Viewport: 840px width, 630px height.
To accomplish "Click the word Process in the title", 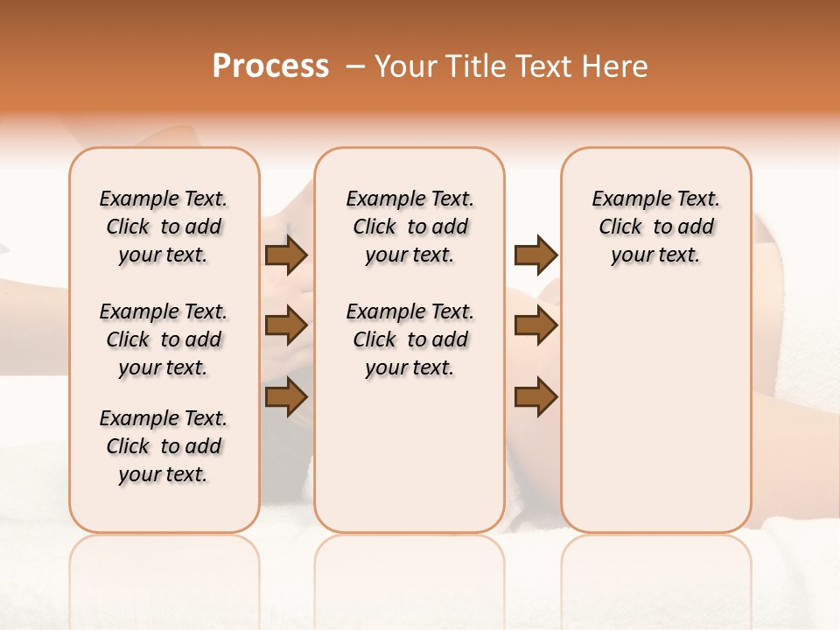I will pyautogui.click(x=270, y=66).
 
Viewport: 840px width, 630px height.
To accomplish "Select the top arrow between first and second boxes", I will pyautogui.click(x=286, y=255).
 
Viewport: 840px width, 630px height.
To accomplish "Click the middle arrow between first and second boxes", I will pyautogui.click(x=286, y=326).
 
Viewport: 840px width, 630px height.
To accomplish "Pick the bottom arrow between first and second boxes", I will pyautogui.click(x=286, y=397).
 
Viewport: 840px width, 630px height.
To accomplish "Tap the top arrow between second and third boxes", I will pyautogui.click(x=535, y=255).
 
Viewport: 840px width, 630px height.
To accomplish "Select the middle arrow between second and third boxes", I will pyautogui.click(x=535, y=326).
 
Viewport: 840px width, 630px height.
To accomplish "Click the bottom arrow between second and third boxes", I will pyautogui.click(x=535, y=397).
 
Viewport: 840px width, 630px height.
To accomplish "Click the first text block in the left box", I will pyautogui.click(x=164, y=227).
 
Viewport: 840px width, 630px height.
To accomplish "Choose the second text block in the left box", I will pyautogui.click(x=164, y=339).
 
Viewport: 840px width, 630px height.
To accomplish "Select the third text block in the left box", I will pyautogui.click(x=164, y=446).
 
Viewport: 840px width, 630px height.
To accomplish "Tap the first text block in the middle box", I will pyautogui.click(x=410, y=227).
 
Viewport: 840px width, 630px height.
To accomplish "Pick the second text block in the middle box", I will pyautogui.click(x=410, y=339).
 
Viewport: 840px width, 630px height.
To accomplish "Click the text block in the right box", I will pyautogui.click(x=656, y=227).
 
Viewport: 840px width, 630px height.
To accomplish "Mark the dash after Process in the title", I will pyautogui.click(x=354, y=66).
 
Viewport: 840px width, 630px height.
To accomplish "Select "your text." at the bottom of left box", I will pyautogui.click(x=164, y=474).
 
